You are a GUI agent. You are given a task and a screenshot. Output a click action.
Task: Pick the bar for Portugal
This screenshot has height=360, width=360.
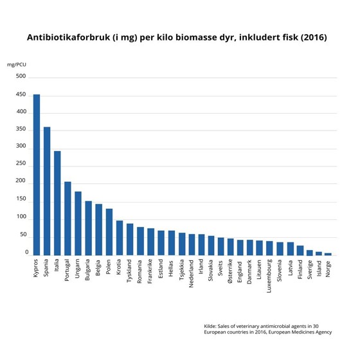pyautogui.click(x=67, y=219)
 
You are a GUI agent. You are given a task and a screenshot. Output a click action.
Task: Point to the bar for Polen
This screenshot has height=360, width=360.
pyautogui.click(x=109, y=232)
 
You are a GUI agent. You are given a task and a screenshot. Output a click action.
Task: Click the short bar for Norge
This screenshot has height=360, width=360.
pyautogui.click(x=328, y=254)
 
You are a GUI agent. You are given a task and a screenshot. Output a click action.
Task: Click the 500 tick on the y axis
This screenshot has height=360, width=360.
pyautogui.click(x=21, y=76)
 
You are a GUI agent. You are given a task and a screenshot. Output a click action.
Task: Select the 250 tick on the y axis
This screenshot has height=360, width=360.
pyautogui.click(x=21, y=165)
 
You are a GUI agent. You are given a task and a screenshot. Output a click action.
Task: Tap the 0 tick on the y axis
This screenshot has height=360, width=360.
pyautogui.click(x=26, y=253)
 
